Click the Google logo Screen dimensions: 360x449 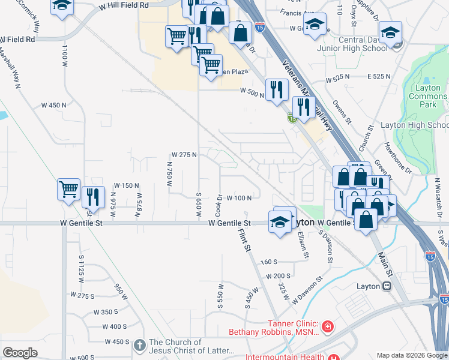(x=20, y=353)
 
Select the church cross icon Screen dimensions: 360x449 (x=139, y=345)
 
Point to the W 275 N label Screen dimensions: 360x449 (x=184, y=155)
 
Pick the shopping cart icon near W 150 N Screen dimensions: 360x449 (x=69, y=189)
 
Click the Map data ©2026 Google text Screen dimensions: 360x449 (x=411, y=355)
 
